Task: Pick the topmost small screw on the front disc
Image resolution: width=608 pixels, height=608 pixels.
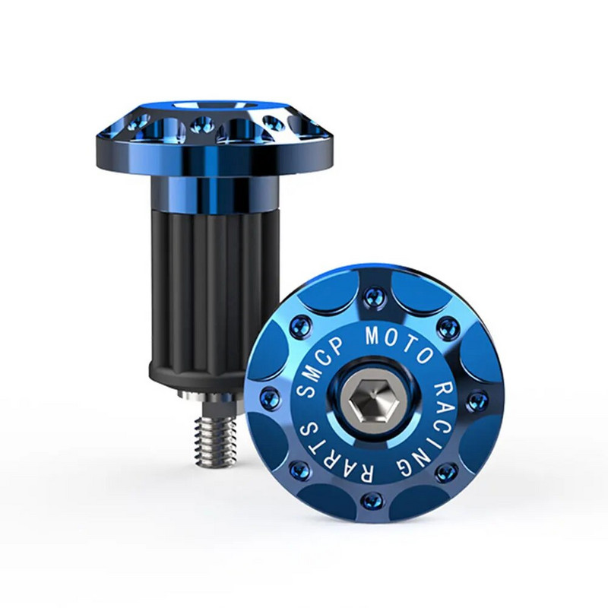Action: [x=372, y=296]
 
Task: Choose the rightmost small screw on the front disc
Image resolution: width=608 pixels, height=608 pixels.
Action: [x=477, y=400]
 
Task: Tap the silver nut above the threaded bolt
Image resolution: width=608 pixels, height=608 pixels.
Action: [x=209, y=396]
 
